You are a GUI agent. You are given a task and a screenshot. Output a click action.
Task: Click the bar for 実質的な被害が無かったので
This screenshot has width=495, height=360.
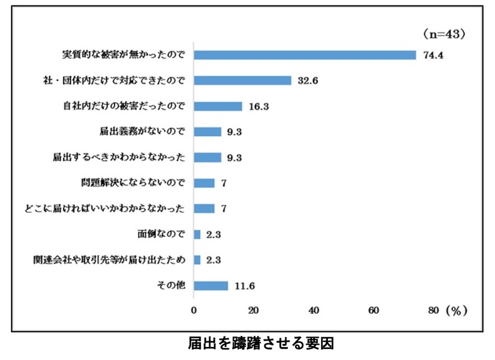[x=304, y=54]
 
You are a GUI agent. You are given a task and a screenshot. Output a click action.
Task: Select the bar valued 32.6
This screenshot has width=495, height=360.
[x=243, y=80]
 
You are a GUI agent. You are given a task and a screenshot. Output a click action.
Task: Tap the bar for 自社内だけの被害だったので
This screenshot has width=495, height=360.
[x=218, y=106]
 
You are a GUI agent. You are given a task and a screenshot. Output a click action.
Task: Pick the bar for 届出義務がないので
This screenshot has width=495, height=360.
[x=207, y=132]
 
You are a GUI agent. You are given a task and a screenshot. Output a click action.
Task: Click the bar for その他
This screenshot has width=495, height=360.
[x=211, y=286]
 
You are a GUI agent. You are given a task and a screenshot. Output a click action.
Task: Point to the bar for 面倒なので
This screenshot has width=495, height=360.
[x=197, y=234]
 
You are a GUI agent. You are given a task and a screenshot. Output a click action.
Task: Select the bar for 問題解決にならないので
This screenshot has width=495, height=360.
[x=204, y=183]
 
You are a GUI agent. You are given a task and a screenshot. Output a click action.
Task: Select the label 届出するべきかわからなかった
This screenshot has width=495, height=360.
[x=119, y=157]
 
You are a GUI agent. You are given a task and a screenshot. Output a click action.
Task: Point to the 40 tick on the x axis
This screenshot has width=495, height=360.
[x=314, y=309]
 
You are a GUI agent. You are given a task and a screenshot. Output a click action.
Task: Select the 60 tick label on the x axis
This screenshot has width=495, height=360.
[x=374, y=309]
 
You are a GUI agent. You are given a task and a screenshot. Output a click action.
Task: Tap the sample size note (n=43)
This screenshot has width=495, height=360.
[x=444, y=32]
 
